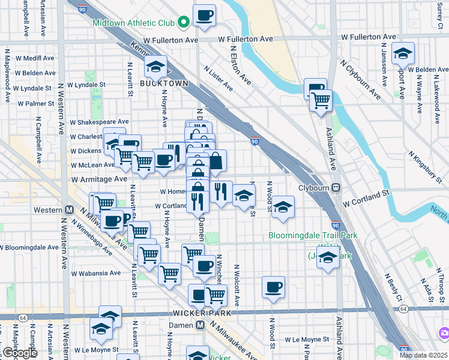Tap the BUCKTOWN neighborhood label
pos(164,83)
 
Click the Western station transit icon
pos(69,210)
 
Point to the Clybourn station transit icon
pos(337,187)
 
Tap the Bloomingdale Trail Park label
pos(313,235)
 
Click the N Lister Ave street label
pos(218,79)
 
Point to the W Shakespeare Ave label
pos(99,122)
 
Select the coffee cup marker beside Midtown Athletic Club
pos(204,15)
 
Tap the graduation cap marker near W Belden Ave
pos(403,53)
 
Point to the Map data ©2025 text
pos(423,355)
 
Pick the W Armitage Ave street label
pos(99,179)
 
